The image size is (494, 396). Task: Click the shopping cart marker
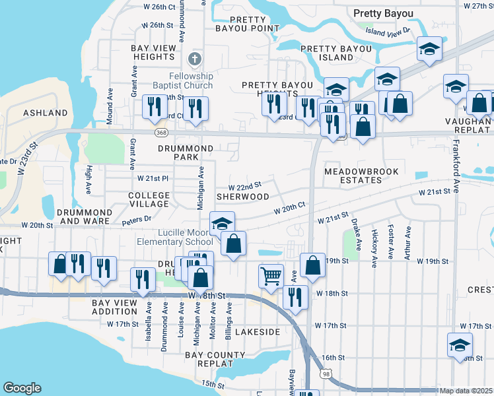[271, 276]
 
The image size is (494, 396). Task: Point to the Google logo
[22, 388]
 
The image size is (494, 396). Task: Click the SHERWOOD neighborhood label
[244, 197]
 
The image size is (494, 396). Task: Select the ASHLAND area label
[46, 113]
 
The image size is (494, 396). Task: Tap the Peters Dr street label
[136, 218]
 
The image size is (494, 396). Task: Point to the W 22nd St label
[245, 186]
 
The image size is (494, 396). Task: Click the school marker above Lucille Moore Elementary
[223, 222]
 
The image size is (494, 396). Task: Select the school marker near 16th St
[460, 345]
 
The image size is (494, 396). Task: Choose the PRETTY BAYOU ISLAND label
[337, 53]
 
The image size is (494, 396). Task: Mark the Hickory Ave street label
[374, 245]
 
